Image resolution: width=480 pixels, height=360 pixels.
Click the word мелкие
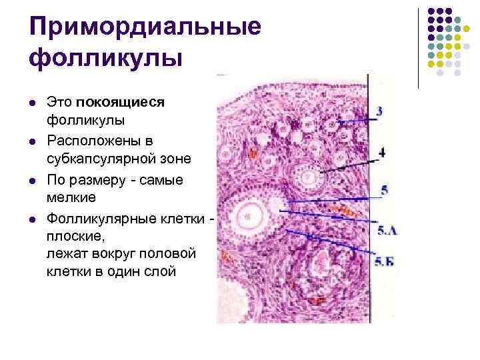tap(71, 197)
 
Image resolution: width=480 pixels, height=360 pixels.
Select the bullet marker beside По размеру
tap(33, 181)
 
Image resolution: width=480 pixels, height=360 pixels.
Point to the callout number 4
tap(381, 152)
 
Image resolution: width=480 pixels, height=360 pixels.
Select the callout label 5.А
tap(387, 230)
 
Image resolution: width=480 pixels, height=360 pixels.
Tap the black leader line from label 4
tap(347, 165)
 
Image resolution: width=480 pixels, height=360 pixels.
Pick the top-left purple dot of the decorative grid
tap(431, 11)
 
